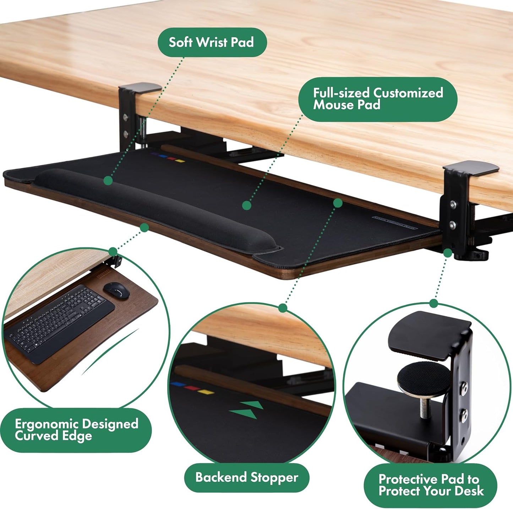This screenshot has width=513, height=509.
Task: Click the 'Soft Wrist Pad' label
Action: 212,42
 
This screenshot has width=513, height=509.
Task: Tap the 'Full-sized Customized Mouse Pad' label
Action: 377,99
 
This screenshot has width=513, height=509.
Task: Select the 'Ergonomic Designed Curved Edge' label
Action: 76,430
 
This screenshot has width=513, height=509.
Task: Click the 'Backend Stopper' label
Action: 247,477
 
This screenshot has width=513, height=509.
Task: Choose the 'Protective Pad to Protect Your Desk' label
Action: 431,485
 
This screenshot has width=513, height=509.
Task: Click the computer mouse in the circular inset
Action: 116,290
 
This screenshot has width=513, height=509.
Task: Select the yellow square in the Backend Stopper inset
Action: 206,392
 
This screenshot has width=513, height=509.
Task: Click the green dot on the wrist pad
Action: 108,181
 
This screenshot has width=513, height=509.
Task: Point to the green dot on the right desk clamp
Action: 448,253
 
